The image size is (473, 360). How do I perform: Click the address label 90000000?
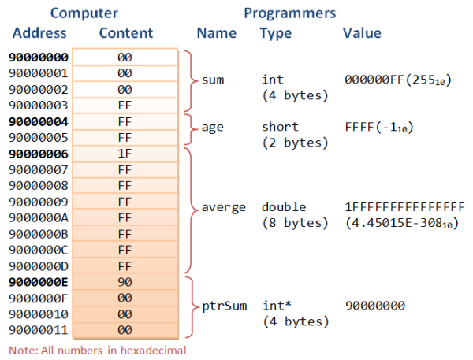(x=39, y=58)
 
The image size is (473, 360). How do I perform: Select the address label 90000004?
(x=39, y=121)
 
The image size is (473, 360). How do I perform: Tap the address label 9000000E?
(x=39, y=281)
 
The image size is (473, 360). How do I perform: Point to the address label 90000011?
(x=39, y=329)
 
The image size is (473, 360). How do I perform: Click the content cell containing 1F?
(x=124, y=154)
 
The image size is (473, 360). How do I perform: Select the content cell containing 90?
(x=124, y=281)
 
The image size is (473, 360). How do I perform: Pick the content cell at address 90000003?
(x=124, y=106)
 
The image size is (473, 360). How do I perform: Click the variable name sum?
(x=213, y=80)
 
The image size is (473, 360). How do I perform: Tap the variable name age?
(x=213, y=128)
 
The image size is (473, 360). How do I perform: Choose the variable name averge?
(x=218, y=207)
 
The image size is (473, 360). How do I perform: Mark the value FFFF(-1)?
(x=379, y=128)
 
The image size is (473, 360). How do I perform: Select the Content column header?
(x=126, y=33)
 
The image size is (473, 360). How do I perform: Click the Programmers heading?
(x=289, y=13)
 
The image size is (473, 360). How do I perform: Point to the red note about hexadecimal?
(x=97, y=349)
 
